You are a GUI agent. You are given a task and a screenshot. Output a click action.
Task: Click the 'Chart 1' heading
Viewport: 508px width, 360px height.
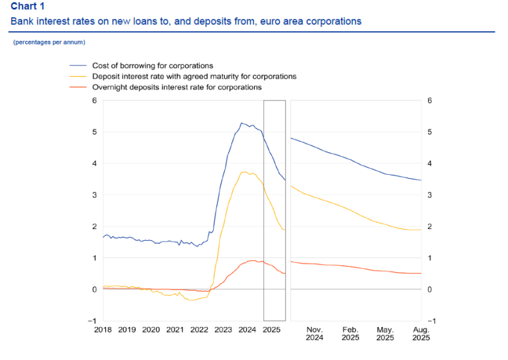[27, 7]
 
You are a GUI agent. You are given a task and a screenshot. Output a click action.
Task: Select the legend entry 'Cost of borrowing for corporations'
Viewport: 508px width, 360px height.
[153, 66]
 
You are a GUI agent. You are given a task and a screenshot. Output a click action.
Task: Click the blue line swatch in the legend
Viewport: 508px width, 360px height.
[79, 66]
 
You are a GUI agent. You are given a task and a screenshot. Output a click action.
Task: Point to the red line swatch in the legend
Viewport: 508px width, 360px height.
[79, 87]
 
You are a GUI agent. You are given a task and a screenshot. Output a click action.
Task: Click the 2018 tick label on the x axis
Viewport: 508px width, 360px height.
[103, 329]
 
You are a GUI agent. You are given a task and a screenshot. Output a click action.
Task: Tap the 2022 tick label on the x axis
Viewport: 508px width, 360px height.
[199, 329]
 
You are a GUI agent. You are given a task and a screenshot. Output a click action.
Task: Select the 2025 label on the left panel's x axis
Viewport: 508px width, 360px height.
[271, 329]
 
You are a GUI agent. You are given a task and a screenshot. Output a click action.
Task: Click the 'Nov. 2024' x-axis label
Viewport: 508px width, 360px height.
[315, 333]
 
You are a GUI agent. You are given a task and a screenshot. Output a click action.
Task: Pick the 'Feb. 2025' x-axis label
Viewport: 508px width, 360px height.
[350, 333]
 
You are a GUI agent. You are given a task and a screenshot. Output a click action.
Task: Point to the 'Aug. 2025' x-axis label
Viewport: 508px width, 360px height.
[421, 333]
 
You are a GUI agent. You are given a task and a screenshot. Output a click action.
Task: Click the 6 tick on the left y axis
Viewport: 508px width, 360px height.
[95, 101]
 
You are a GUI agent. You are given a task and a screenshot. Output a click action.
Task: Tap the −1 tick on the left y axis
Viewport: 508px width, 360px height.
[93, 321]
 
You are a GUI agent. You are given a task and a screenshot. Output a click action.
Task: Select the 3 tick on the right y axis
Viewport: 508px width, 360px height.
[430, 195]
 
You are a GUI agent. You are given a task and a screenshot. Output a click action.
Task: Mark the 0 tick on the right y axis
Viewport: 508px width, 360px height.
[430, 289]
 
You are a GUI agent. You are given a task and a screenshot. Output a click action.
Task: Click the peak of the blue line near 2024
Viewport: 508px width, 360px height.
[242, 123]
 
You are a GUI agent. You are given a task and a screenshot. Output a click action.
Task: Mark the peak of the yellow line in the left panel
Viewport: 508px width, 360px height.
[245, 172]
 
